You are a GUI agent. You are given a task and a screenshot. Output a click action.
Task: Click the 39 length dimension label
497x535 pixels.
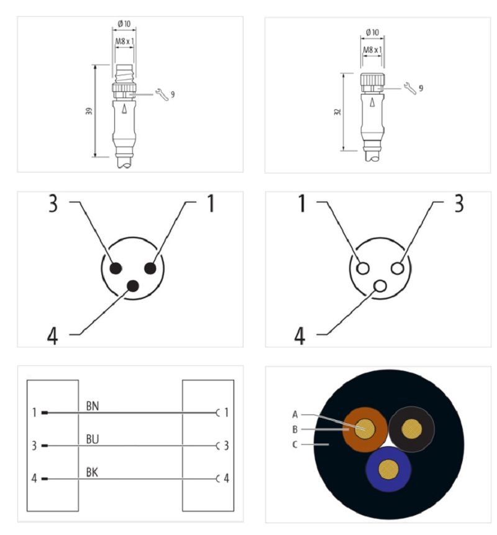click(x=89, y=111)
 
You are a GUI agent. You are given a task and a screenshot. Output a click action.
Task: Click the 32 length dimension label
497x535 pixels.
click(x=337, y=112)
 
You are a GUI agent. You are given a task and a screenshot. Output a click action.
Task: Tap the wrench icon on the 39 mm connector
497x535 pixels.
click(x=162, y=94)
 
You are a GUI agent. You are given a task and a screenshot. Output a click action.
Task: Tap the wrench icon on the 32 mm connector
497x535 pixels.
click(x=409, y=88)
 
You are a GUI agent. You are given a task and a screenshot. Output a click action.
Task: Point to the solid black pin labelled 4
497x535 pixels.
click(x=133, y=286)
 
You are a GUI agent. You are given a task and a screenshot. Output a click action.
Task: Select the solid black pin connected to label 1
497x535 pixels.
click(x=150, y=268)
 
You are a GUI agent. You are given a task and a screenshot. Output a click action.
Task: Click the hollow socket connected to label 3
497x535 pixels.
click(x=398, y=268)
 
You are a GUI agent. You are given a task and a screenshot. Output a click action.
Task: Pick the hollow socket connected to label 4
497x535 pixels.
click(x=380, y=286)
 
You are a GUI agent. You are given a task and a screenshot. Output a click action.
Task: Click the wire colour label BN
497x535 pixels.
click(x=93, y=406)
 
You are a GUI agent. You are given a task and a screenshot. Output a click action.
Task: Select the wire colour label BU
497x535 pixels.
click(x=93, y=439)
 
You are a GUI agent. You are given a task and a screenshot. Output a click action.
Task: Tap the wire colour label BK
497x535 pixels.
click(x=92, y=472)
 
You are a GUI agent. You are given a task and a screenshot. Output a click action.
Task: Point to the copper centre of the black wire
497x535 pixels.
click(x=412, y=429)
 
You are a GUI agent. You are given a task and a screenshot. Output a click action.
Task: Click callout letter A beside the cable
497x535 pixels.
click(x=295, y=414)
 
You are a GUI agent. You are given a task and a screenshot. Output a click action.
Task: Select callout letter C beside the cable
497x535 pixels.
click(x=295, y=444)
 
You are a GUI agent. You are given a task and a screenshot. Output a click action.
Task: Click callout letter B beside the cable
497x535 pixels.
click(x=295, y=429)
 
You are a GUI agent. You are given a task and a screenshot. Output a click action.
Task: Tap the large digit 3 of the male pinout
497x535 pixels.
click(x=53, y=203)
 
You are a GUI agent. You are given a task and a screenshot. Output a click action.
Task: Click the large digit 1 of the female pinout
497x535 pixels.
click(x=302, y=203)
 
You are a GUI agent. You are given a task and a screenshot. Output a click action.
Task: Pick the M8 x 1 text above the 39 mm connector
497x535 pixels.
click(x=124, y=42)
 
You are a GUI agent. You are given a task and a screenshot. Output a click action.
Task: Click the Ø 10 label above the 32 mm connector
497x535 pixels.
click(x=372, y=32)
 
